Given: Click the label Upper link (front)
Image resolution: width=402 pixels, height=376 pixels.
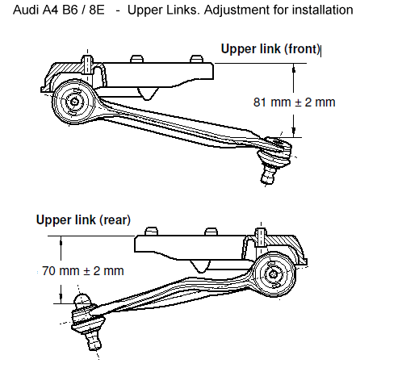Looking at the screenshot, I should click(x=270, y=48).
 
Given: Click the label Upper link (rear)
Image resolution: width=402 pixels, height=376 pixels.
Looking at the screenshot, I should click(x=83, y=219).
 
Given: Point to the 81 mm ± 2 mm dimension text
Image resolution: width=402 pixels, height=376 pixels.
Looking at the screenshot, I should click(x=294, y=102).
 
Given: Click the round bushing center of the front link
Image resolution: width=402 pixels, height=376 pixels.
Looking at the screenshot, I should click(x=73, y=102).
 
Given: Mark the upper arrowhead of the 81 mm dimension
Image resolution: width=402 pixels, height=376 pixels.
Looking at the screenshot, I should click(x=295, y=69).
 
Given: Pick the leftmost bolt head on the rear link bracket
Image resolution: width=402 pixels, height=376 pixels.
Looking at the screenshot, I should click(x=151, y=232).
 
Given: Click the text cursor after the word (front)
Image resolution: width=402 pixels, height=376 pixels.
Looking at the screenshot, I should click(x=322, y=49).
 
